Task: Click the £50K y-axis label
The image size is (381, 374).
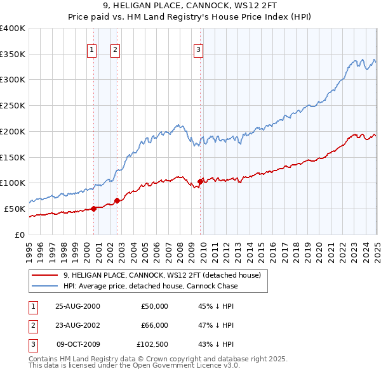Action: click(15, 209)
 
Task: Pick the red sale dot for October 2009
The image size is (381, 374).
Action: click(201, 181)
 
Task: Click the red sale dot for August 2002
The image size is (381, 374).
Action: click(117, 201)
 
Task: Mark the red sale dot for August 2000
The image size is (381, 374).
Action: click(94, 209)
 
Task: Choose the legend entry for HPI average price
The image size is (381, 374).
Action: click(150, 286)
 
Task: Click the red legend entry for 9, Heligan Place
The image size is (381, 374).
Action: click(162, 275)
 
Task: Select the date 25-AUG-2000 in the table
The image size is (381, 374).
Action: click(77, 306)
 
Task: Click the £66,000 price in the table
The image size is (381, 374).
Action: click(154, 325)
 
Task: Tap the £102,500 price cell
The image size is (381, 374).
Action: click(152, 344)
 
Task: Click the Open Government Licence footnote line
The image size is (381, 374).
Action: click(134, 366)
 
